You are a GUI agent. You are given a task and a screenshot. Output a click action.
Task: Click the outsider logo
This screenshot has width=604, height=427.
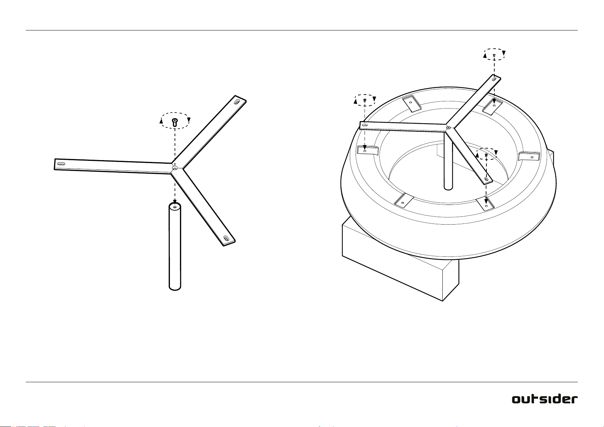[x=545, y=399]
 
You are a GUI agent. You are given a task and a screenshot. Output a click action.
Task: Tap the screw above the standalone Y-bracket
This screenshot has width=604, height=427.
[x=175, y=122]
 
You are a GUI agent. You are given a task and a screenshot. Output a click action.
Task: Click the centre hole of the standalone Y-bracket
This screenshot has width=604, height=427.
[x=175, y=168]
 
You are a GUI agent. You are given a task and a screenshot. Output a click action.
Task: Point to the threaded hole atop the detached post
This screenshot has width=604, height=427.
[x=175, y=207]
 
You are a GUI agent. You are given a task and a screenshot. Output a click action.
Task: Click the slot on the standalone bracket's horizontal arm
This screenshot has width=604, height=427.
[x=61, y=163]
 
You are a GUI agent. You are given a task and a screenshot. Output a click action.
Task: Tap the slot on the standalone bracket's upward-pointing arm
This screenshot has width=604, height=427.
[x=237, y=102]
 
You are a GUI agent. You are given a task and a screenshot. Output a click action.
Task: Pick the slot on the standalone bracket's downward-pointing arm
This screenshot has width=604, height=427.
[x=226, y=238]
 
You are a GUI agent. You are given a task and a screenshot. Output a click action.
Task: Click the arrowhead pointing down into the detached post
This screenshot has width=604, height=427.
[x=175, y=201]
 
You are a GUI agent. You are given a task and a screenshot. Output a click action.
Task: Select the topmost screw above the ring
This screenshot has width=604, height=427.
[x=494, y=55]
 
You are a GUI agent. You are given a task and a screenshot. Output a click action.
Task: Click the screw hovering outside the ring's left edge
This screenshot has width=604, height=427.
[x=365, y=100]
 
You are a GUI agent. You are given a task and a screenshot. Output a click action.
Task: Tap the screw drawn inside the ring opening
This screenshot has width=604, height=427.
[x=486, y=155]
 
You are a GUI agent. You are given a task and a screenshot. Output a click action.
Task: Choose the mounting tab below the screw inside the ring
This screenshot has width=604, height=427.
[x=485, y=204]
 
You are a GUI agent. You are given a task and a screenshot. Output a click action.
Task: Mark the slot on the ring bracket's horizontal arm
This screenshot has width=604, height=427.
[x=365, y=125]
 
